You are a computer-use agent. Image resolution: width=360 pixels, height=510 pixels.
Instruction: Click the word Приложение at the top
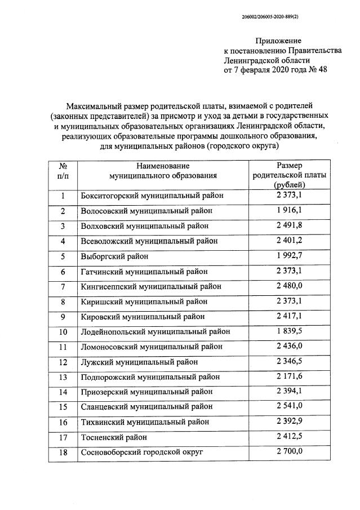(x=278, y=41)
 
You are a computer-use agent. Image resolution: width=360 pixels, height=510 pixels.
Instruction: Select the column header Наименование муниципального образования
(x=163, y=171)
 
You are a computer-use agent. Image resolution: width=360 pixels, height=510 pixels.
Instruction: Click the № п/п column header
(x=63, y=171)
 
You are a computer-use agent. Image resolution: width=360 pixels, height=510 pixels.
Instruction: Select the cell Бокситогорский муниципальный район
(x=152, y=196)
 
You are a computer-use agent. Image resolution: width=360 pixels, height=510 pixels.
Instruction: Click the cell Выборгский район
(x=115, y=256)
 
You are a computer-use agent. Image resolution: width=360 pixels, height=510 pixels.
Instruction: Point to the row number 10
(x=63, y=332)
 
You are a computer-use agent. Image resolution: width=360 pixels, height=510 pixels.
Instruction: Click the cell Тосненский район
(x=115, y=437)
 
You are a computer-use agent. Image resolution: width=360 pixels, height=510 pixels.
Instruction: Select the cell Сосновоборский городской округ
(x=141, y=452)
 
